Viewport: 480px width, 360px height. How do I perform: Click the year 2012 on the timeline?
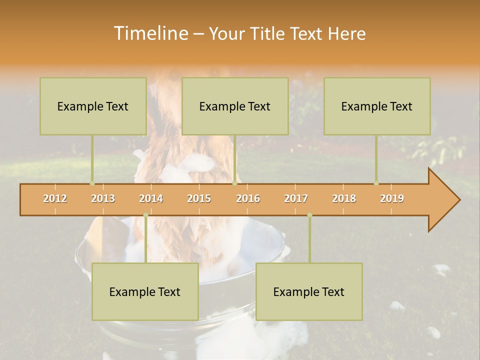click(55, 198)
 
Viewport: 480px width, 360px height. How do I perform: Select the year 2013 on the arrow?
click(103, 198)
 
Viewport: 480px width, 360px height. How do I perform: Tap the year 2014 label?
click(151, 198)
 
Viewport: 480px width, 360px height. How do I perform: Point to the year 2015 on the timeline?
click(199, 198)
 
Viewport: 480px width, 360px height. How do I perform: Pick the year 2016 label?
click(248, 198)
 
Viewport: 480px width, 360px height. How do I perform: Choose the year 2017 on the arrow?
click(296, 198)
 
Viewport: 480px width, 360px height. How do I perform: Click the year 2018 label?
click(344, 198)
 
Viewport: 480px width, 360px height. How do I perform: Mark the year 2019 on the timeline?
click(392, 198)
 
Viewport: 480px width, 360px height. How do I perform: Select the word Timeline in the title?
click(149, 33)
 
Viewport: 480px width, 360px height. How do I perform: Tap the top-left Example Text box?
click(93, 106)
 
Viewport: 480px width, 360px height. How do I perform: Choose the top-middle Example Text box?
click(235, 106)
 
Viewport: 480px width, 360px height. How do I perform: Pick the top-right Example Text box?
click(377, 106)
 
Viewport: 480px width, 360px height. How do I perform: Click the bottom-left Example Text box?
click(145, 291)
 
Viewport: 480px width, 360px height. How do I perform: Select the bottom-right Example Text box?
click(309, 291)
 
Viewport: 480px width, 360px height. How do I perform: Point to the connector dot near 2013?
click(92, 183)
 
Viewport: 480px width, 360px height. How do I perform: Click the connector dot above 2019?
click(376, 183)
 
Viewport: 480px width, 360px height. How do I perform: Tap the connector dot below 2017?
click(309, 215)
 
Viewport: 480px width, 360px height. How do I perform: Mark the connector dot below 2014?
click(145, 215)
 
